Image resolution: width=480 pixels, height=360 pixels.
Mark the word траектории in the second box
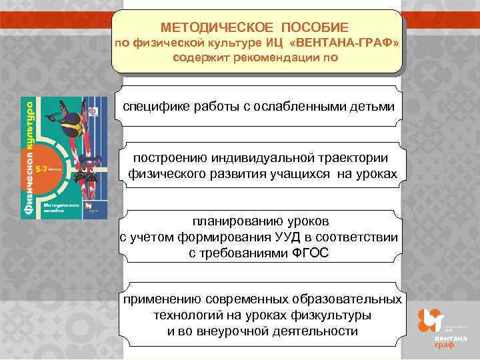[x=355, y=159]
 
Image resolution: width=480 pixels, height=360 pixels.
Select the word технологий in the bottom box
[x=189, y=315]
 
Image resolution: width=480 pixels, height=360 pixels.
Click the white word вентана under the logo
[x=446, y=339]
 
